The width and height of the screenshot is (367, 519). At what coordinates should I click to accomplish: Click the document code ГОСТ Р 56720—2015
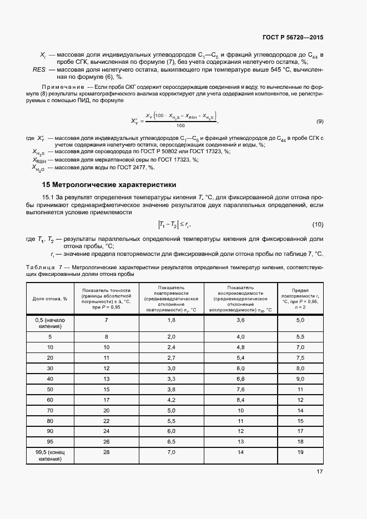(293, 38)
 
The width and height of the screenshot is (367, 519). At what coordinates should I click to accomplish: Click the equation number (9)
(320, 121)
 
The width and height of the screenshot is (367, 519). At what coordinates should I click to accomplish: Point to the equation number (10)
(318, 224)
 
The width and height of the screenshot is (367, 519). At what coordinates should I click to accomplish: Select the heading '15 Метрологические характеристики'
(109, 185)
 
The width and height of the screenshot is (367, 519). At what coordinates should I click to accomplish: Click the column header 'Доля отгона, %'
(50, 299)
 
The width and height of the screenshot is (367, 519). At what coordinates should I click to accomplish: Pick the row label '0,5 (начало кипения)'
(50, 324)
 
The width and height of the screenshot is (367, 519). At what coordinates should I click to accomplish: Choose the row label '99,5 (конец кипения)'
(50, 456)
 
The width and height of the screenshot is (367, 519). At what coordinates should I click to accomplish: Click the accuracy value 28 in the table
(106, 453)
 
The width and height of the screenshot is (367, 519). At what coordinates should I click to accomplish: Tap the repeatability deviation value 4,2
(172, 400)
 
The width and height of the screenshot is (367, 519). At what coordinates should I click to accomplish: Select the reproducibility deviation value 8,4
(240, 400)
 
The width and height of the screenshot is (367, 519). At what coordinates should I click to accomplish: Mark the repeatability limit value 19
(300, 453)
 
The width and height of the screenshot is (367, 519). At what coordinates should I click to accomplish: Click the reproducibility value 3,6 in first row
(240, 320)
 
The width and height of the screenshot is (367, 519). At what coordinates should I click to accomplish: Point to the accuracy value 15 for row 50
(106, 389)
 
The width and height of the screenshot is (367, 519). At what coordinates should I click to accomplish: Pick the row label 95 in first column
(50, 442)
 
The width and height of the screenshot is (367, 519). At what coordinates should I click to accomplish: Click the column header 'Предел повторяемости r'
(300, 298)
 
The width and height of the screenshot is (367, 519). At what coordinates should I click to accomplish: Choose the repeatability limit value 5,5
(300, 336)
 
